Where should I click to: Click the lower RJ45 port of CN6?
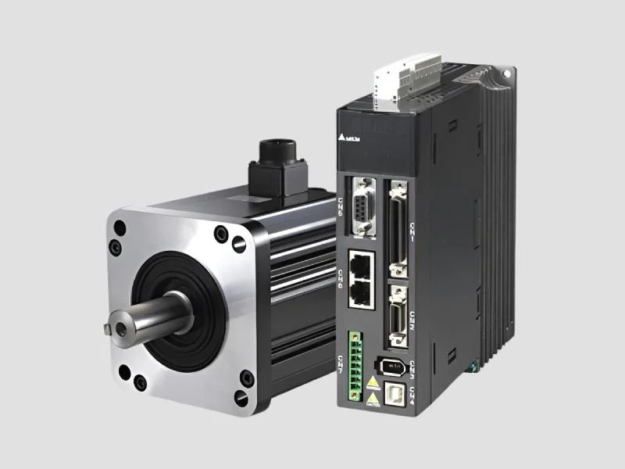(x=360, y=292)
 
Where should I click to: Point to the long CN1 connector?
(x=398, y=231)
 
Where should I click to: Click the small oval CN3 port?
(x=393, y=364)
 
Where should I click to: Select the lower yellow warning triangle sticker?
(x=373, y=399)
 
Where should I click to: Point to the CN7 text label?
(x=341, y=363)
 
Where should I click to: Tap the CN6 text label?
(x=341, y=276)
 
